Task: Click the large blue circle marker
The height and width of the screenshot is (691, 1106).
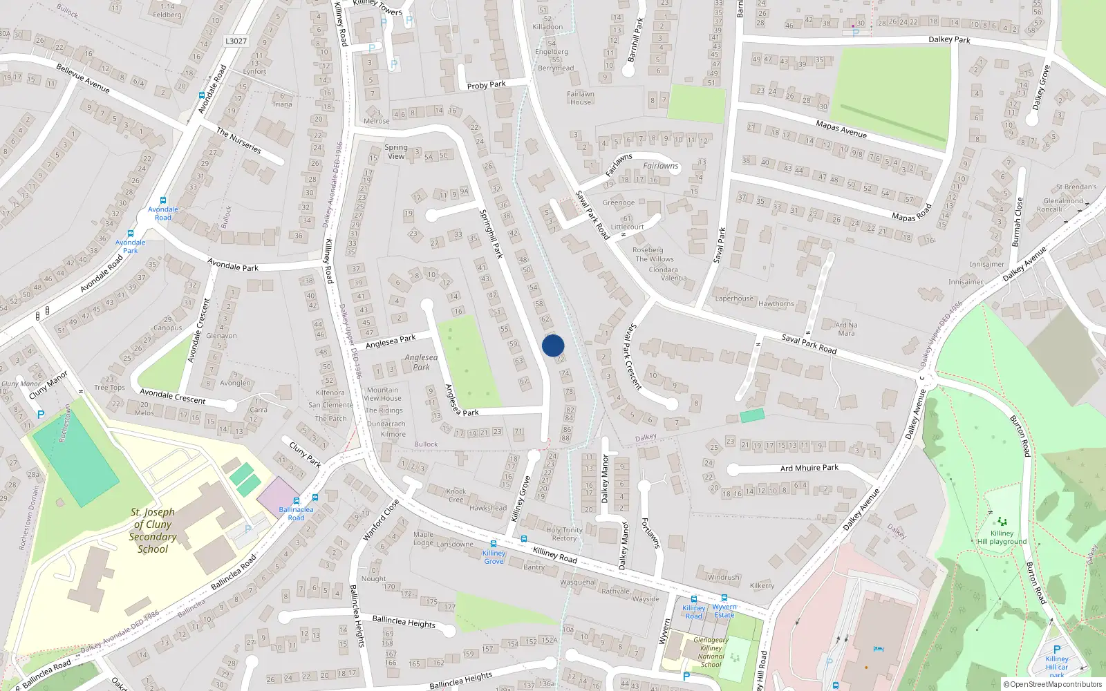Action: [553, 345]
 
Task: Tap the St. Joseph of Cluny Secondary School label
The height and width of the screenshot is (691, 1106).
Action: [153, 531]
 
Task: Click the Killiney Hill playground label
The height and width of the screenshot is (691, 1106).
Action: [1002, 538]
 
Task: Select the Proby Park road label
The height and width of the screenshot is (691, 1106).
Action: [486, 85]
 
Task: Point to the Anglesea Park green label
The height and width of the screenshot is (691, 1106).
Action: [422, 362]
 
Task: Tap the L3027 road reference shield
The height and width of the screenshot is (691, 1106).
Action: [236, 41]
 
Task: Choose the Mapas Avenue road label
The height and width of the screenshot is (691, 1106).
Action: [841, 129]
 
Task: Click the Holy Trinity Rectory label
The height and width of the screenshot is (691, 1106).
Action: [564, 534]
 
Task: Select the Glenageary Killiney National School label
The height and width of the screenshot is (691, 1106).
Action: [711, 652]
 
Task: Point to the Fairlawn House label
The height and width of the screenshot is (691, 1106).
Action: [581, 98]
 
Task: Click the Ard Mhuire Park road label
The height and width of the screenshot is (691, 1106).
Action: [809, 468]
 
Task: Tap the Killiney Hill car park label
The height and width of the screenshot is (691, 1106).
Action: [1056, 667]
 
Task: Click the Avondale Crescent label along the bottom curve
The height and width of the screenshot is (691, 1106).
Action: [173, 396]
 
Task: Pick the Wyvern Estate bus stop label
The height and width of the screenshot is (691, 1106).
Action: [724, 611]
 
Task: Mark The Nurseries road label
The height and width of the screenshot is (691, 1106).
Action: [238, 140]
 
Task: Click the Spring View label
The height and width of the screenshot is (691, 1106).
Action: [396, 151]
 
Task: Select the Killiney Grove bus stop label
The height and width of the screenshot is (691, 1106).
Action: [494, 557]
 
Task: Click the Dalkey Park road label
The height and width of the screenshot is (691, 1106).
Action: [949, 39]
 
